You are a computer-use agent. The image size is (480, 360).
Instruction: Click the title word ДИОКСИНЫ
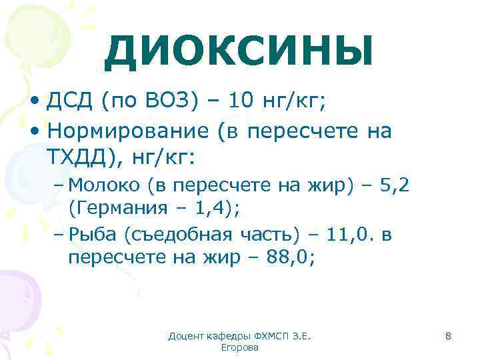[238, 52]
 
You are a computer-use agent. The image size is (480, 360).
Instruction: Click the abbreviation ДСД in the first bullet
[71, 101]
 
